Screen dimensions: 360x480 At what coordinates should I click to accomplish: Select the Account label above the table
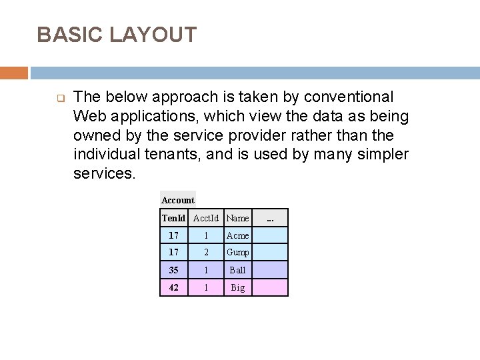point(178,199)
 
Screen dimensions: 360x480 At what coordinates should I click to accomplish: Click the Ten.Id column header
point(173,218)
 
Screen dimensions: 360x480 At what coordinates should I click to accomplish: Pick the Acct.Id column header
point(206,218)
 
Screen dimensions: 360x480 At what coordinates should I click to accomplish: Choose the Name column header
point(238,218)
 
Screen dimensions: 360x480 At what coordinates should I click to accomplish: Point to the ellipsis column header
point(270,218)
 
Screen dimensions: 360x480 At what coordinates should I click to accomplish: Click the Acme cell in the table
point(238,235)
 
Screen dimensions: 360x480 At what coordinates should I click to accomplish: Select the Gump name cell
point(238,253)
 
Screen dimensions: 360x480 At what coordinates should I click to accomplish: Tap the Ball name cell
point(238,270)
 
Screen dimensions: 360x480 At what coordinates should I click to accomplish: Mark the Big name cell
point(238,287)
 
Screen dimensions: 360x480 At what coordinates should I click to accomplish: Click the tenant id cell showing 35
point(173,270)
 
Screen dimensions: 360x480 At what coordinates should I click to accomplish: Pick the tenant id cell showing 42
point(173,287)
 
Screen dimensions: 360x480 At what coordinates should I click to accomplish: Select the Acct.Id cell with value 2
point(206,253)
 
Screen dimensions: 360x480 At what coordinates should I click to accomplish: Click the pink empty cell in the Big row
point(270,287)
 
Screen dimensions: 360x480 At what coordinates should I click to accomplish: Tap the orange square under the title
point(14,73)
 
